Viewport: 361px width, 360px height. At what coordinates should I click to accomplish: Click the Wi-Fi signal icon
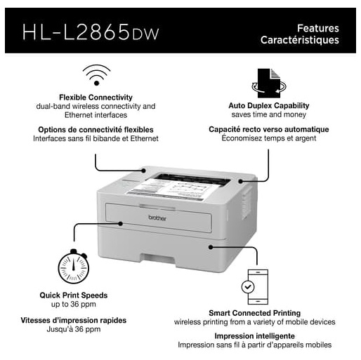96,75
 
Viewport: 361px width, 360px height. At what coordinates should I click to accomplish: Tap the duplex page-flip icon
269,84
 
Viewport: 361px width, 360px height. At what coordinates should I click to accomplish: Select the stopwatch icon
74,267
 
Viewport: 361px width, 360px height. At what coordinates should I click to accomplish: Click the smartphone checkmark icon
255,287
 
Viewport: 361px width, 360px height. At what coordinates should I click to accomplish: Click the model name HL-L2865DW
91,32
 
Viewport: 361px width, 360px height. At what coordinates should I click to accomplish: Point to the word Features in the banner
318,28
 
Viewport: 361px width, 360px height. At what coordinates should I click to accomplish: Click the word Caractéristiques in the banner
300,40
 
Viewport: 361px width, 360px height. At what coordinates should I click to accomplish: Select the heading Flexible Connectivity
96,98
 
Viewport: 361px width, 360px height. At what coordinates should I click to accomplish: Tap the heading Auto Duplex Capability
269,105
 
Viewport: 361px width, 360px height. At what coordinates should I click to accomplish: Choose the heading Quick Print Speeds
74,295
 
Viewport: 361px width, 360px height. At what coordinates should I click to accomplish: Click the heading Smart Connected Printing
255,313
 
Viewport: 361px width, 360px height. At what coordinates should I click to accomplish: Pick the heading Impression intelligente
255,336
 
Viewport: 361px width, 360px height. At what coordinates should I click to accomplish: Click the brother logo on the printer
157,218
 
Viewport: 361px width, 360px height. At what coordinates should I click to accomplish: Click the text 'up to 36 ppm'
74,305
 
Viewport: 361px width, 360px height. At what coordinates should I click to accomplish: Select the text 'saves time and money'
269,114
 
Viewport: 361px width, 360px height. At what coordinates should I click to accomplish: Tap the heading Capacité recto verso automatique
269,129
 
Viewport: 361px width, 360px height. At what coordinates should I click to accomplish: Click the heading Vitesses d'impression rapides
74,320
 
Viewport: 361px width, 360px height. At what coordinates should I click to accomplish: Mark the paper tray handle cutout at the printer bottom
158,259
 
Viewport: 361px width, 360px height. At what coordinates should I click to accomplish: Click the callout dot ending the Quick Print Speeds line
121,224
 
